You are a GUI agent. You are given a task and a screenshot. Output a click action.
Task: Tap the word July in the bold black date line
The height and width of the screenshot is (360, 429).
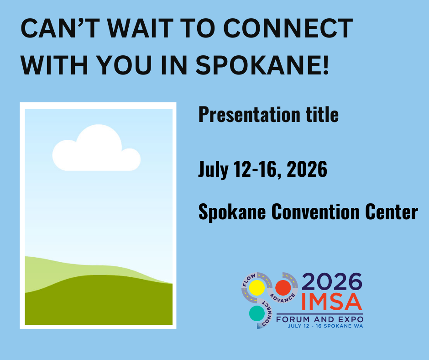[213, 170]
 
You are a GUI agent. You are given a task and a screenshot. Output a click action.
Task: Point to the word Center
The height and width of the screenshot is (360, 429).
[393, 212]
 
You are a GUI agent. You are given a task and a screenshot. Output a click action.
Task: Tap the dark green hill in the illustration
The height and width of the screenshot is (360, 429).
[98, 302]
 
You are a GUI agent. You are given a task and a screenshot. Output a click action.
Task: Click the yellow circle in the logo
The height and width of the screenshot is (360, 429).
[256, 288]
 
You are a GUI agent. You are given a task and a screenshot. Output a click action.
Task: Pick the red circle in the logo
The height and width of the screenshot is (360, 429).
[283, 288]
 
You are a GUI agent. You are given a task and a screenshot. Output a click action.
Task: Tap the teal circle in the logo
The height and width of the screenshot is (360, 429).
[256, 313]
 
